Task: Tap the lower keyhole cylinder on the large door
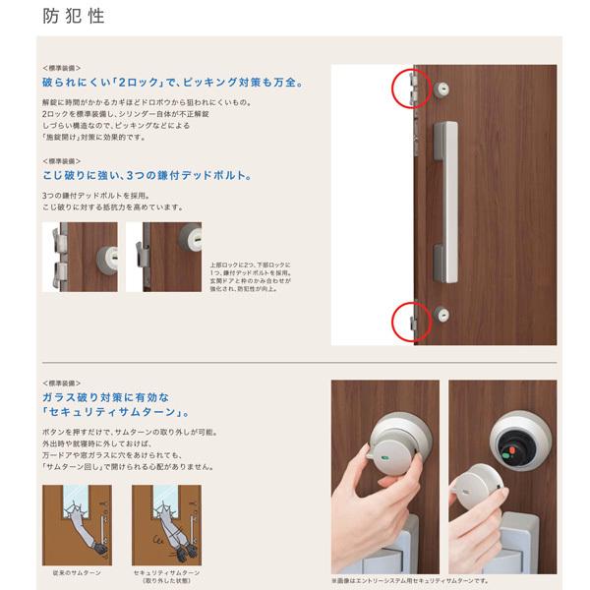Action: pyautogui.click(x=441, y=315)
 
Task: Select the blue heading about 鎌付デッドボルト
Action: pyautogui.click(x=147, y=179)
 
